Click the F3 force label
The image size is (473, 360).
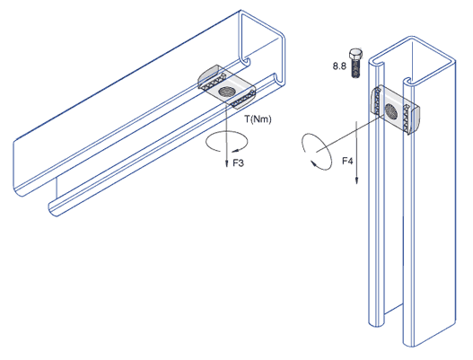coord(238,163)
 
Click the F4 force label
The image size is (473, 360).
coord(347,161)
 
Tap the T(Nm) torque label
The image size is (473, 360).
coord(258,119)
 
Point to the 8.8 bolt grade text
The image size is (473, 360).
coord(339,66)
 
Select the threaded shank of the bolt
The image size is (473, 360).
coord(356,68)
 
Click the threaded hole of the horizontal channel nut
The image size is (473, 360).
coord(225,92)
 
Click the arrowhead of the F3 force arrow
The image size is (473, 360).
coord(226,164)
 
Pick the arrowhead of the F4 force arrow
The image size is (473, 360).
coord(356,180)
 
